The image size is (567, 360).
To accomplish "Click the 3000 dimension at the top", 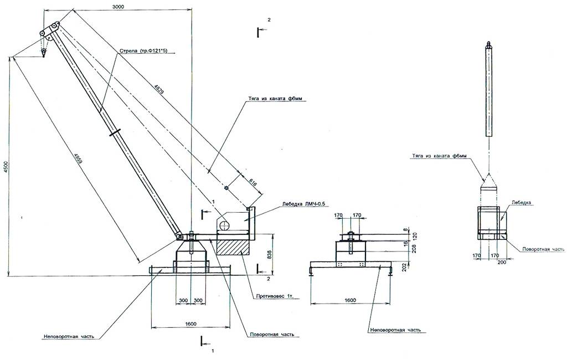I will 117,6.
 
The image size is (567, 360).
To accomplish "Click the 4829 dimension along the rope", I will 159,89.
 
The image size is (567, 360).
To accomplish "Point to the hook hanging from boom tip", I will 43,53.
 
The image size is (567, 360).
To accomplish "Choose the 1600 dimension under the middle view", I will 349,301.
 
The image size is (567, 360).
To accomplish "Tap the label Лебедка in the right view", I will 522,203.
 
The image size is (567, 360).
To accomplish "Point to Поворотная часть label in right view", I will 537,250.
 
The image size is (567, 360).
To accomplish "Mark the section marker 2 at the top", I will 269,20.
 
